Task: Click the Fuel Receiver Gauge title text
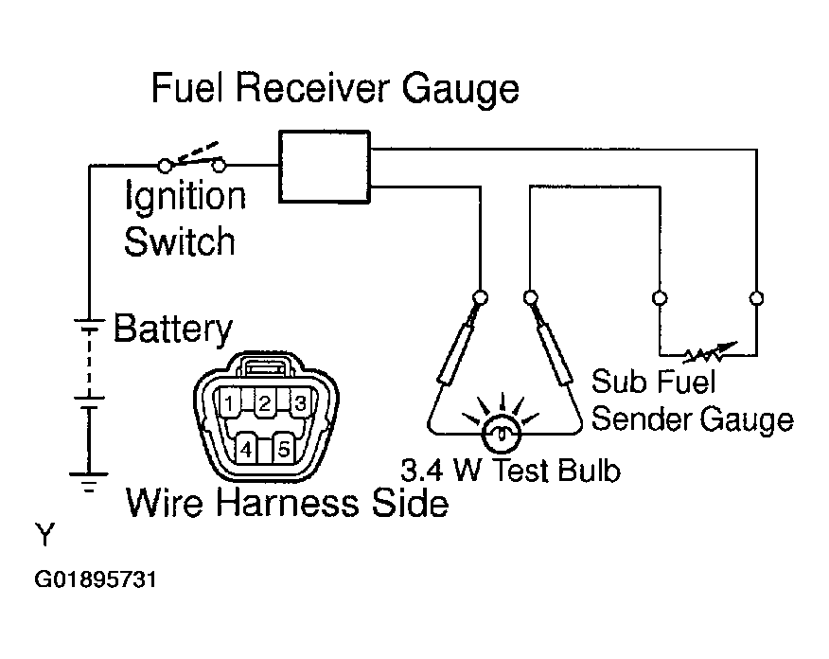(x=335, y=89)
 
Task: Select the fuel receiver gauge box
(x=325, y=167)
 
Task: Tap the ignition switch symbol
(x=191, y=159)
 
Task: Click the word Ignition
(x=185, y=197)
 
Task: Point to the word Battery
(x=173, y=329)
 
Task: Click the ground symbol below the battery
(x=89, y=482)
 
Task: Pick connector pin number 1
(x=229, y=404)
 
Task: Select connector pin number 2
(x=265, y=404)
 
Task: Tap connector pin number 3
(x=300, y=403)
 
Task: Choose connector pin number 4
(x=246, y=450)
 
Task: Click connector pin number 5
(x=284, y=450)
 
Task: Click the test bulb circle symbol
(x=502, y=434)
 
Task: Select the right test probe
(x=552, y=343)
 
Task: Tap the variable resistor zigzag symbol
(x=709, y=351)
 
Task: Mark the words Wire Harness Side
(x=287, y=503)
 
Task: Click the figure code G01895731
(x=96, y=579)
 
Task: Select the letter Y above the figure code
(x=44, y=534)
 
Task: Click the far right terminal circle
(x=756, y=297)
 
